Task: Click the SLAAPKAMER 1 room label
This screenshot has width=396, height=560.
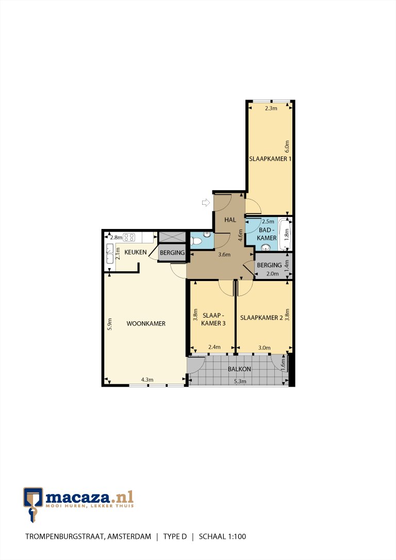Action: point(270,159)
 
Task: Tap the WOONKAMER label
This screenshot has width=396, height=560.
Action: point(146,323)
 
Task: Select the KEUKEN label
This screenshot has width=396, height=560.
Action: point(135,252)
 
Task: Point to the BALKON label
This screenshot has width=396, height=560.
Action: point(239,369)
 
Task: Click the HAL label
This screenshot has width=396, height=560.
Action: point(230,220)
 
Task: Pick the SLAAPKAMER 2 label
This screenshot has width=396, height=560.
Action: point(259,318)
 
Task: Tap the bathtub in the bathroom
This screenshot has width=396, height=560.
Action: point(285,234)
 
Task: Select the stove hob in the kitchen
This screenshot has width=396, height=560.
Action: point(129,237)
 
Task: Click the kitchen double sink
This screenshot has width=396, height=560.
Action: point(110,254)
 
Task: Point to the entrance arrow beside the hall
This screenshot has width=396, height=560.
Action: point(206,203)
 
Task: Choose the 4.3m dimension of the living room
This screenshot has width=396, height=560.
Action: point(147,380)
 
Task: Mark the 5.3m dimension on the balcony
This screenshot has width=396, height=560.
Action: point(240,381)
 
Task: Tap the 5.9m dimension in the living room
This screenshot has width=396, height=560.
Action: point(110,324)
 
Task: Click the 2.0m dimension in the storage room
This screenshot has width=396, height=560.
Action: point(272,274)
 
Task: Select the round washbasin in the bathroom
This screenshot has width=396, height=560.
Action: point(265,247)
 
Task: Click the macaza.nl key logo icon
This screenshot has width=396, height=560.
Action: point(33,504)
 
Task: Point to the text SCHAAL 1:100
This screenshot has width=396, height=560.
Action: point(222,536)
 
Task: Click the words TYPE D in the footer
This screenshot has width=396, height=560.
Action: point(175,536)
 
